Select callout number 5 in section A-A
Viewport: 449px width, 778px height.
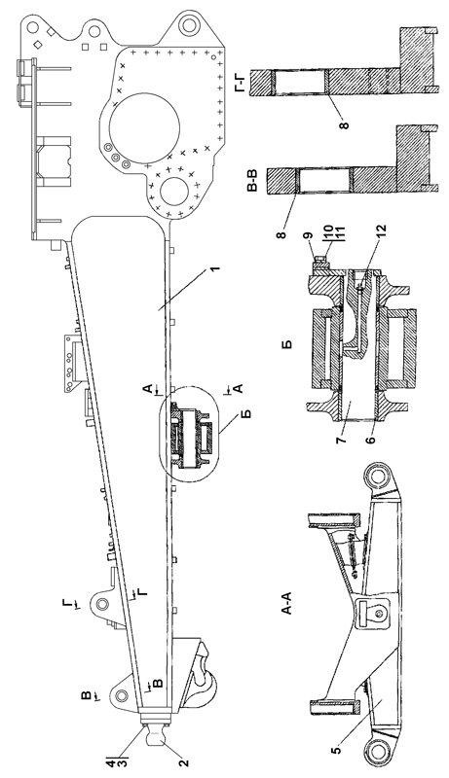pos(338,750)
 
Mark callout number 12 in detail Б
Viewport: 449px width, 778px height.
pos(382,230)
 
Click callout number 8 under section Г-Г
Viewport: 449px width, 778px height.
pos(344,123)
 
